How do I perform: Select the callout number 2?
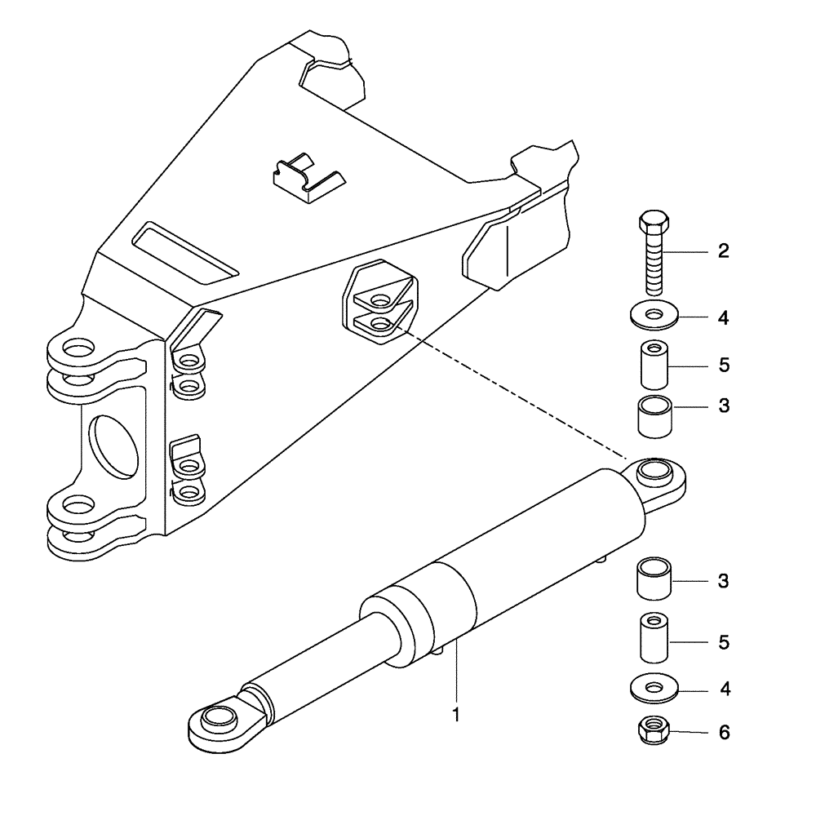(723, 252)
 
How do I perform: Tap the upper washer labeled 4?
(653, 315)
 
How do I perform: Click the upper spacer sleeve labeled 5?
(653, 364)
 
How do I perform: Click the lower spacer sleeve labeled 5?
(653, 638)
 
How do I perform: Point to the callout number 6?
(724, 733)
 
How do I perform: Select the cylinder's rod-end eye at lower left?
(218, 718)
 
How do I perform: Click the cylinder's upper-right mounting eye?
(657, 473)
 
